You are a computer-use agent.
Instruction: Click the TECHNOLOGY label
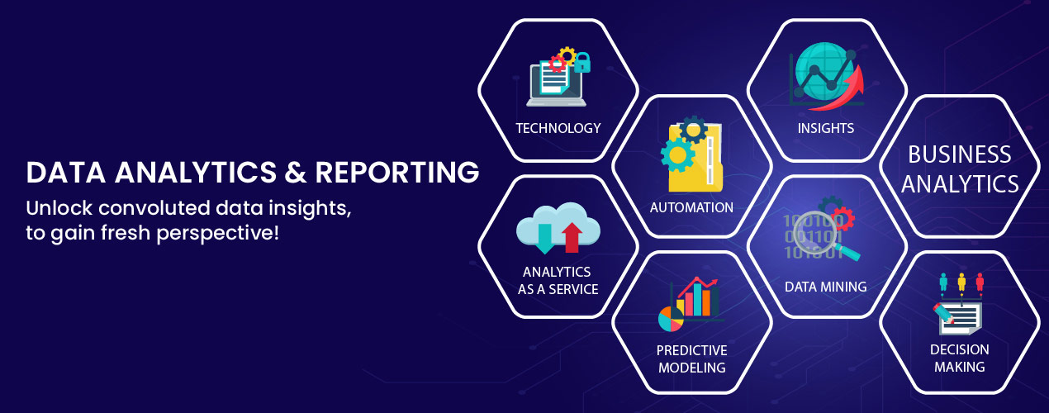coord(558,128)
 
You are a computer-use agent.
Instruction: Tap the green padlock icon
coord(581,62)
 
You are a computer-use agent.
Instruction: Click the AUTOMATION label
coord(691,207)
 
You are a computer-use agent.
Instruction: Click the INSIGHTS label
coord(826,128)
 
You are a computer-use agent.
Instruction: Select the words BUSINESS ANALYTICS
coord(960,169)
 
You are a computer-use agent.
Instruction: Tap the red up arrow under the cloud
coord(571,239)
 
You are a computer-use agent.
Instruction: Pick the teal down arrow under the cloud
coord(544,239)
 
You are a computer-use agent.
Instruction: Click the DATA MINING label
coord(826,287)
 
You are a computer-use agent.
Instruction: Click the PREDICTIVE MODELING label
coord(691,358)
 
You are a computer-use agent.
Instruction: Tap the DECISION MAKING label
coord(960,358)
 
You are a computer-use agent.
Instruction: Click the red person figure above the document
coord(980,282)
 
